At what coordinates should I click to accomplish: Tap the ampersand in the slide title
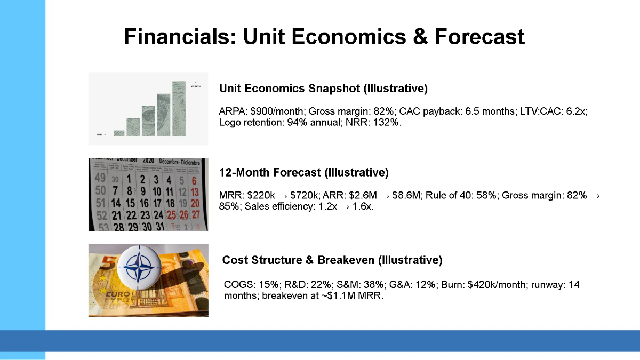(420, 37)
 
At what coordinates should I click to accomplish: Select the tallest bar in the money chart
(179, 109)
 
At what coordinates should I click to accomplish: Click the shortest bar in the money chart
(119, 133)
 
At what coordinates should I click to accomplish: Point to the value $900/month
(276, 111)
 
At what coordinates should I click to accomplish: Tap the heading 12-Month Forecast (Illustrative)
(303, 173)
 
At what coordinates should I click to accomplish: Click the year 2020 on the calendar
(148, 161)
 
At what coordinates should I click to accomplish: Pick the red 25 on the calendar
(171, 215)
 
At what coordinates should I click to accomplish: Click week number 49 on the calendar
(100, 178)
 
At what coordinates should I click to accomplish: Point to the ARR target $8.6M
(406, 195)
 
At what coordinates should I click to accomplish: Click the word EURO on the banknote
(118, 294)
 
